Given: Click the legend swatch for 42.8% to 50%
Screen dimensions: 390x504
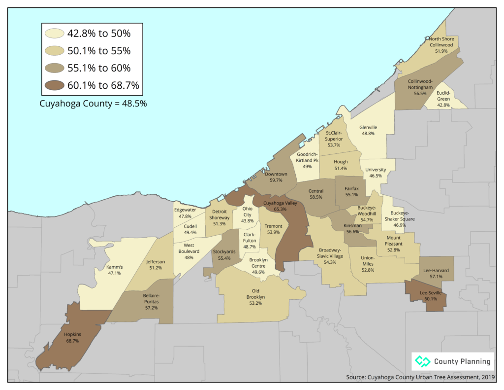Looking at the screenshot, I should coord(55,34).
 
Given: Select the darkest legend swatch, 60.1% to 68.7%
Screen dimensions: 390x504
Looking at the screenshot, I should coord(55,85).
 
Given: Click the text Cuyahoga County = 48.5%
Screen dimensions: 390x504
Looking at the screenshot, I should coord(93,104).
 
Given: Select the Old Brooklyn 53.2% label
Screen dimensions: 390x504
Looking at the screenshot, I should coord(255,300).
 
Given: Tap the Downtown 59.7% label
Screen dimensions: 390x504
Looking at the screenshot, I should coord(276,177).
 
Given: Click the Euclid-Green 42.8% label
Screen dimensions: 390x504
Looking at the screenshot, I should coord(443,99).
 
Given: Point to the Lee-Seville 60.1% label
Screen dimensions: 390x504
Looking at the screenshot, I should coord(431,296).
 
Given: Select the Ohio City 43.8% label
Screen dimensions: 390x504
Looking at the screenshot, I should coord(247,214).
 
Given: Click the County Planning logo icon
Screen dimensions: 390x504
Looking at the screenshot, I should coord(422,361).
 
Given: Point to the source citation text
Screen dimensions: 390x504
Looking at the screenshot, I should coord(420,377).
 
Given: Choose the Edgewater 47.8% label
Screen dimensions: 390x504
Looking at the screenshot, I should coord(185,213).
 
